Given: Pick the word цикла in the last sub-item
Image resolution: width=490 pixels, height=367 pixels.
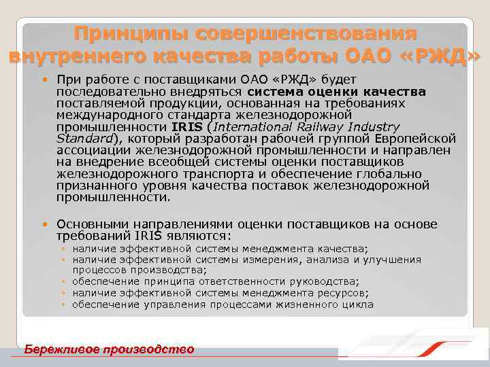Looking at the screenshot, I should click(x=357, y=304).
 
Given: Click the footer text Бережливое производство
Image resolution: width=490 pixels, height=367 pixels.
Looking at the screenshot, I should click(x=109, y=349).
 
